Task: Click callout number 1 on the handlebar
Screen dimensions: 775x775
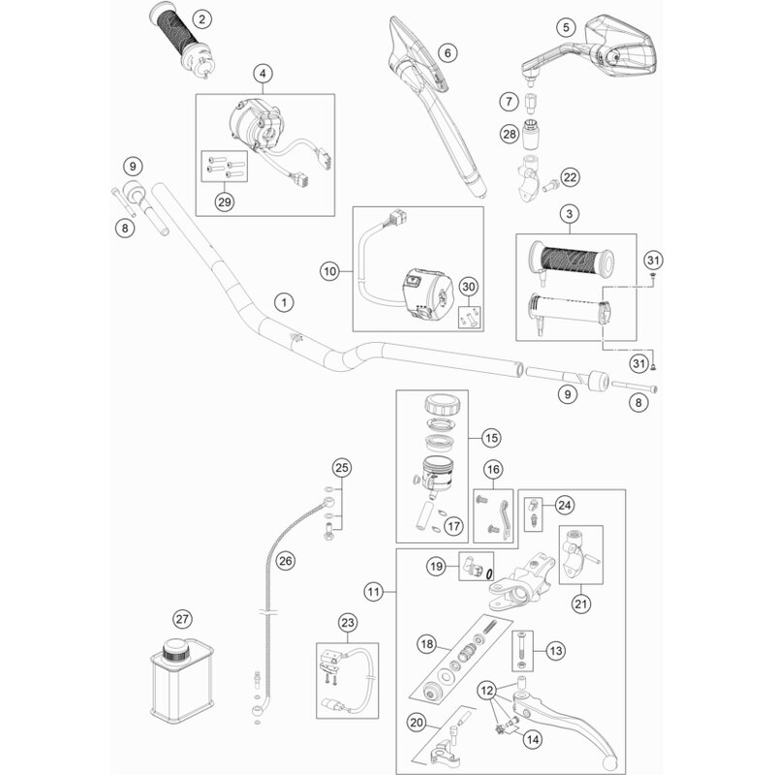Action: click(x=283, y=302)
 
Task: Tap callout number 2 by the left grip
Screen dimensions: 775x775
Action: click(x=201, y=19)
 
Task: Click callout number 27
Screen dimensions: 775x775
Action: click(x=181, y=619)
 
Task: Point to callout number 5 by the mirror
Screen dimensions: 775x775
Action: click(x=568, y=26)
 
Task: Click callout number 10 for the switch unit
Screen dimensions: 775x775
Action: click(x=329, y=272)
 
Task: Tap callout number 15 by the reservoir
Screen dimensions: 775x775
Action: click(x=490, y=437)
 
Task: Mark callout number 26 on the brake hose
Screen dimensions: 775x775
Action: click(x=284, y=559)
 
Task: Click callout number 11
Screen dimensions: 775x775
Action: click(x=374, y=590)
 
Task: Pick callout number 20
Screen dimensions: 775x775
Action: click(x=418, y=721)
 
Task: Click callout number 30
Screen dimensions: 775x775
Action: click(x=469, y=287)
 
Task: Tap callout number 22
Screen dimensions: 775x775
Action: click(x=570, y=177)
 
